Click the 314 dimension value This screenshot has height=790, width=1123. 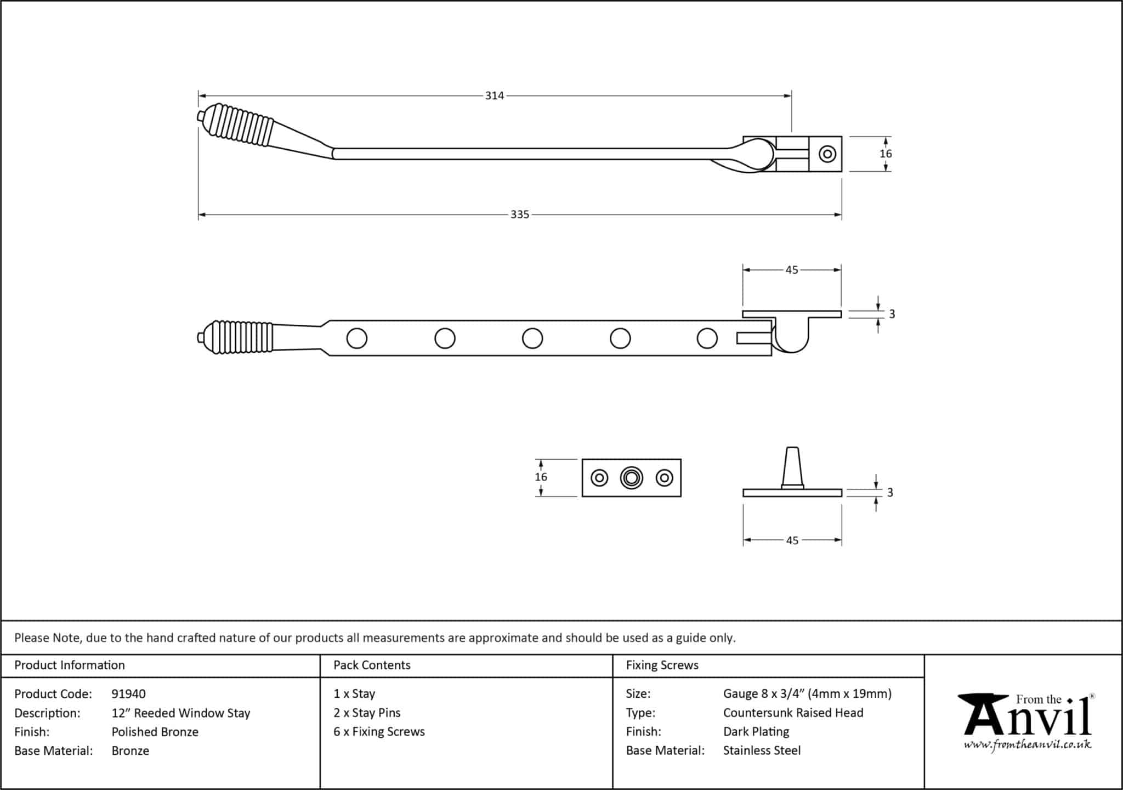point(494,96)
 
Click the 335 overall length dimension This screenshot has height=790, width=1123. point(520,215)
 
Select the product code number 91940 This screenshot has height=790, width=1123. point(128,694)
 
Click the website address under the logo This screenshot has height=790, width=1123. point(1028,745)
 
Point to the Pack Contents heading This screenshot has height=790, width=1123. point(372,665)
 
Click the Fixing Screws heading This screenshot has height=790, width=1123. point(662,665)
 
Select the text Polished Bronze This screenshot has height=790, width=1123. point(155,732)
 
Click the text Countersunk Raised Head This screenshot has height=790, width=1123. point(793,713)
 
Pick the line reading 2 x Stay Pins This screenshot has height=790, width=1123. point(367,713)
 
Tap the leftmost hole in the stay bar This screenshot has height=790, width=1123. point(357,338)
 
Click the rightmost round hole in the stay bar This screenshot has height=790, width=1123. point(707,338)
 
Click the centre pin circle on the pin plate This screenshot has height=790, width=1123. point(631,478)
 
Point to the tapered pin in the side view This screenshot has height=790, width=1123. point(792,467)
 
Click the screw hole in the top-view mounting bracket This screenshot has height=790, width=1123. point(827,154)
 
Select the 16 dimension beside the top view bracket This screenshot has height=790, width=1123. point(886,154)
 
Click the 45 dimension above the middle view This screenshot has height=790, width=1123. point(792,270)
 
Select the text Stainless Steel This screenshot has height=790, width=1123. point(762,751)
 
